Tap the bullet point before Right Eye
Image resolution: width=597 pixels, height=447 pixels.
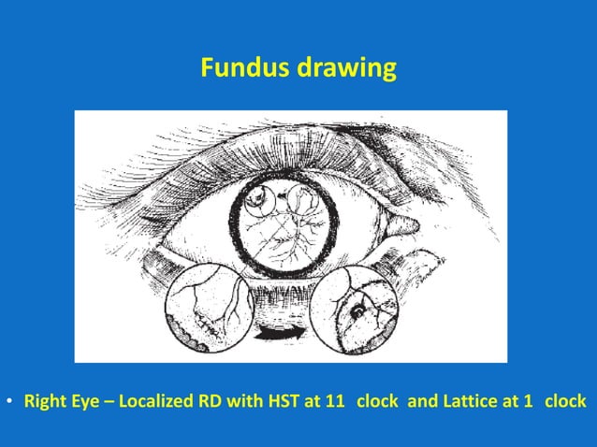click(9, 402)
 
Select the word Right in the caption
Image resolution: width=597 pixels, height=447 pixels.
click(43, 402)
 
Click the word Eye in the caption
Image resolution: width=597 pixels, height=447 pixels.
click(82, 402)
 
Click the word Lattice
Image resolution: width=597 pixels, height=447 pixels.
click(464, 402)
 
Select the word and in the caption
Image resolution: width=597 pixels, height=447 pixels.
click(421, 402)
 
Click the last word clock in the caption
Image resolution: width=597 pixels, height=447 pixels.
click(565, 402)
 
